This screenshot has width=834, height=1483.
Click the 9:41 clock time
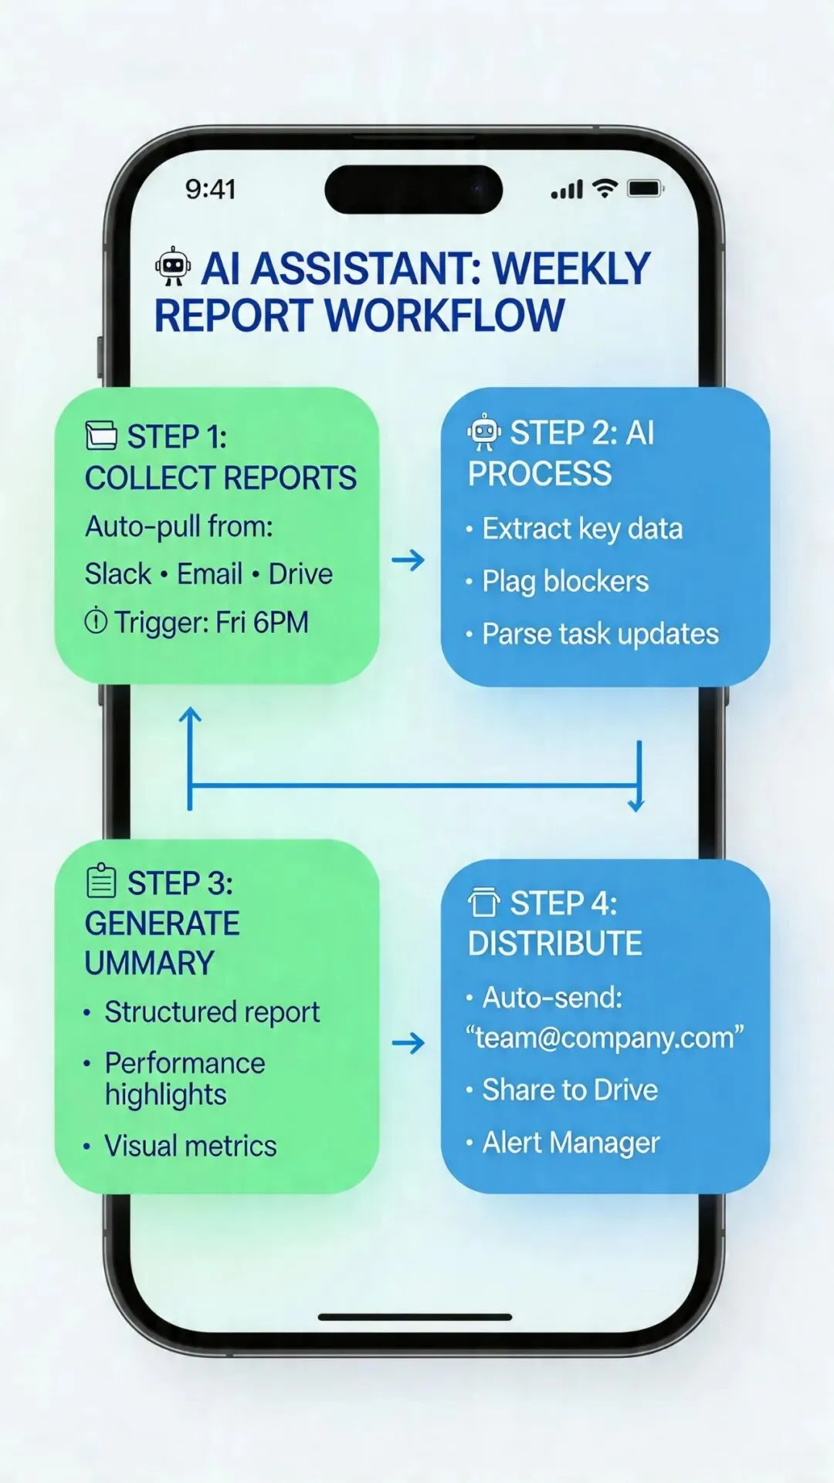pyautogui.click(x=210, y=189)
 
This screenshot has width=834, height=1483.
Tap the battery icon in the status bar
pyautogui.click(x=645, y=188)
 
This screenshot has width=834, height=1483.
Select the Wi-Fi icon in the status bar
pyautogui.click(x=605, y=188)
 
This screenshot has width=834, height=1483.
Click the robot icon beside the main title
pyautogui.click(x=173, y=267)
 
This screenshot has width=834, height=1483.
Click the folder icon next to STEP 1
pyautogui.click(x=101, y=435)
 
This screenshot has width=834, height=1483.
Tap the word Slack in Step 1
pyautogui.click(x=118, y=574)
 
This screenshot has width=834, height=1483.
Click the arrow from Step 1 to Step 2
pyautogui.click(x=409, y=559)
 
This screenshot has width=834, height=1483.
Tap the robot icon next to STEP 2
pyautogui.click(x=484, y=432)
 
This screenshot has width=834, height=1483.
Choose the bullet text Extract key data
pyautogui.click(x=582, y=529)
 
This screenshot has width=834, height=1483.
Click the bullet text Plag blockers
pyautogui.click(x=565, y=582)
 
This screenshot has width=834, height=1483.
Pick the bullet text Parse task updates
pyautogui.click(x=600, y=634)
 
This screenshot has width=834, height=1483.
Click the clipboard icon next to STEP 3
pyautogui.click(x=101, y=881)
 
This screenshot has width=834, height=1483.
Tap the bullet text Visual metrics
pyautogui.click(x=190, y=1146)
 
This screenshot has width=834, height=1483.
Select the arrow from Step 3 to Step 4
pyautogui.click(x=409, y=1043)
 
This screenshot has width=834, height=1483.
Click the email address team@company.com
pyautogui.click(x=605, y=1038)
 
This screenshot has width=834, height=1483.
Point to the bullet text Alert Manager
pyautogui.click(x=571, y=1143)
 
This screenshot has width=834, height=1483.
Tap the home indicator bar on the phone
pyautogui.click(x=415, y=1317)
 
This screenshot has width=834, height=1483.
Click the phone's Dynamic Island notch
pyautogui.click(x=414, y=189)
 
